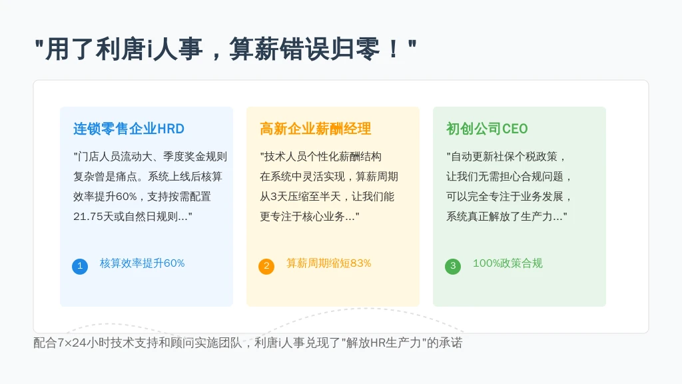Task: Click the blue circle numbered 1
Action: click(80, 266)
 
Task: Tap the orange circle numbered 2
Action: click(266, 266)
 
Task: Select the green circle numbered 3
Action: click(453, 266)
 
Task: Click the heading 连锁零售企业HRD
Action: click(129, 129)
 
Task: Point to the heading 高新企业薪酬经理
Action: click(315, 129)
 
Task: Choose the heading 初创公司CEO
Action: click(487, 129)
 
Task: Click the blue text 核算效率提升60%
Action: click(143, 263)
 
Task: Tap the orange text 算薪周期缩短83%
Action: click(329, 263)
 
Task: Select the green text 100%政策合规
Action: click(508, 263)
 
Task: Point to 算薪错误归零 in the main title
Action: click(305, 49)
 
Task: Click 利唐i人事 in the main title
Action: click(149, 49)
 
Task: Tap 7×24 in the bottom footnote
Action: click(72, 343)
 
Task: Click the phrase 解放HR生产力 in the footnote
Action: click(384, 343)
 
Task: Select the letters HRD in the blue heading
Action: click(170, 129)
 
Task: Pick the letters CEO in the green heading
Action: click(515, 129)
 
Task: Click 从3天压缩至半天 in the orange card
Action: click(300, 197)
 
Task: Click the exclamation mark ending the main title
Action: click(393, 49)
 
